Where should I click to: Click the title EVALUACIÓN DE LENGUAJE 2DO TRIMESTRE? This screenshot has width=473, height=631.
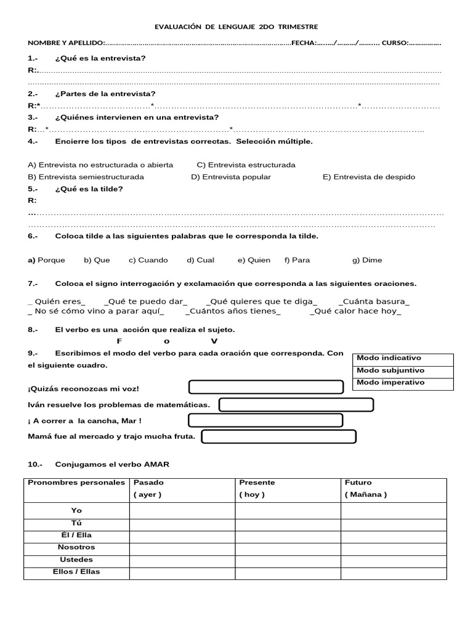point(236,26)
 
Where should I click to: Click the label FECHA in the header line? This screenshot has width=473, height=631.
point(303,43)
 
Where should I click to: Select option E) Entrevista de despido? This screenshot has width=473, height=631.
point(369,177)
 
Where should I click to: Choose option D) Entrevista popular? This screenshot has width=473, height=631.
point(231,177)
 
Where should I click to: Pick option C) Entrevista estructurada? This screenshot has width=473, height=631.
point(246,165)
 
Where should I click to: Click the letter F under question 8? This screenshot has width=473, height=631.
point(119,341)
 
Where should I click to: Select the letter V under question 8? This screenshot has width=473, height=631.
point(214,341)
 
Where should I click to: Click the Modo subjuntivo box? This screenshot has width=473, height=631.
point(404,370)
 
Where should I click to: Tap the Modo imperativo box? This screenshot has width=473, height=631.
point(404,383)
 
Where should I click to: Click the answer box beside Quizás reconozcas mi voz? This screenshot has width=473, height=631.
point(265,387)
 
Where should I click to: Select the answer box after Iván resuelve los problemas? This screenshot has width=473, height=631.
point(296,405)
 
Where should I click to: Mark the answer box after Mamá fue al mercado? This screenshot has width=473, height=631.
point(279,437)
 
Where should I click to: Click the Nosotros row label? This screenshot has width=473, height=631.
point(76,547)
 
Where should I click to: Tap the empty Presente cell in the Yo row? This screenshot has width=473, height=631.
point(288,511)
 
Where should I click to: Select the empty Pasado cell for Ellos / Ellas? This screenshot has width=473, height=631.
point(182,572)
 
